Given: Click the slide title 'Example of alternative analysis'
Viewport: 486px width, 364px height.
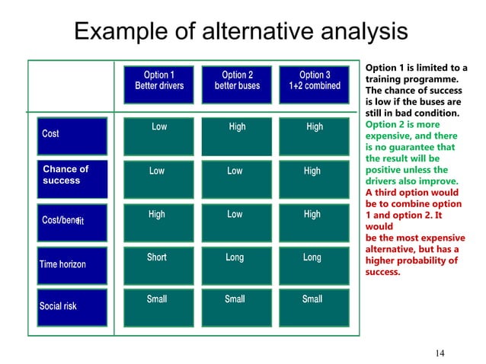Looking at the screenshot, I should click(x=240, y=32).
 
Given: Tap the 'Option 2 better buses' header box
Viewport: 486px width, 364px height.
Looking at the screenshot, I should click(x=236, y=81).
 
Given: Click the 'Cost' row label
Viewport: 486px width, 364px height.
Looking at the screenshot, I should click(x=73, y=135).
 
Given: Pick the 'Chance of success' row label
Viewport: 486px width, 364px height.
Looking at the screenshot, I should click(x=73, y=176).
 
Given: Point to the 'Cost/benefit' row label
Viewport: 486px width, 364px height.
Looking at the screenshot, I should click(x=73, y=220).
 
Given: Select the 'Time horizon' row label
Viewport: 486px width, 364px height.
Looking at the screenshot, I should click(x=73, y=264).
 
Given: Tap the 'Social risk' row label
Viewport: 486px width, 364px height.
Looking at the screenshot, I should click(x=73, y=306).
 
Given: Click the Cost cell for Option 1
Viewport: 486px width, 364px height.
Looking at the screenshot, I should click(x=158, y=135).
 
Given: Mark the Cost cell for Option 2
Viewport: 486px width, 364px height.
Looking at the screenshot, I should click(x=236, y=135).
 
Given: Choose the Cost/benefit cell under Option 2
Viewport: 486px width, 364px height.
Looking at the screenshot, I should click(x=236, y=222).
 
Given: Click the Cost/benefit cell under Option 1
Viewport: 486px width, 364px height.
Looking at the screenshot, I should click(x=158, y=222).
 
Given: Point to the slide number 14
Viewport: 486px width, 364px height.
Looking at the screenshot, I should click(x=440, y=352).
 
